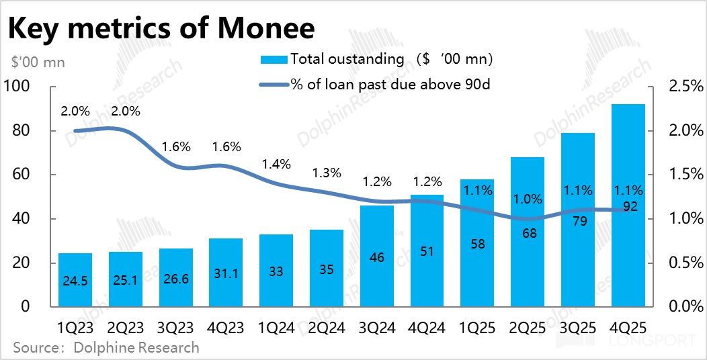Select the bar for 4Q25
(x=628, y=255)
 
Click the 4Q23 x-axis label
(x=226, y=328)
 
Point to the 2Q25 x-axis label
(x=528, y=328)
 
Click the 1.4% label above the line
(x=276, y=164)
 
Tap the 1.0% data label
(x=528, y=199)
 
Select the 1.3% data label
(x=327, y=173)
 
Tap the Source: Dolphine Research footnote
(x=106, y=347)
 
